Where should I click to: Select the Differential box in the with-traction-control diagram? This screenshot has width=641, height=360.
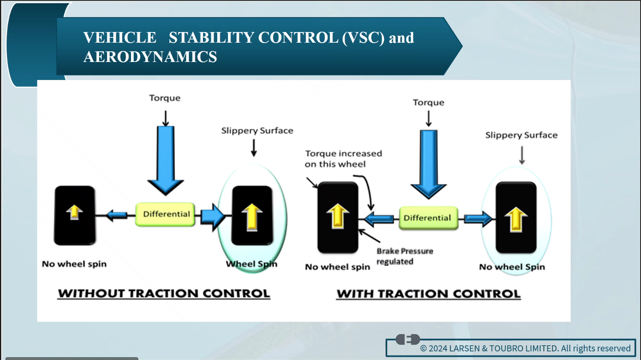[x=428, y=218]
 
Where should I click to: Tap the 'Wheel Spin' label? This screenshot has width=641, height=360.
[x=252, y=264]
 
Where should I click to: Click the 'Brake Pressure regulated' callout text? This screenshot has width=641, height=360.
[x=404, y=256]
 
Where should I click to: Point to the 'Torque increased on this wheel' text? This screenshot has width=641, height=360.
[x=343, y=159]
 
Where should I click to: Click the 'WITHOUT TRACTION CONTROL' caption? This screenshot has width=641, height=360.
[x=164, y=294]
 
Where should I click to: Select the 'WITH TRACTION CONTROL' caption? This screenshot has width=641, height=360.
[x=428, y=294]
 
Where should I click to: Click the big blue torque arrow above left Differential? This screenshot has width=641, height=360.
[x=165, y=161]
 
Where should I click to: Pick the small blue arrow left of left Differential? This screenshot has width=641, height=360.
[x=117, y=215]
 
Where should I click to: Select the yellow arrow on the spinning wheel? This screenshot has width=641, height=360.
[x=252, y=217]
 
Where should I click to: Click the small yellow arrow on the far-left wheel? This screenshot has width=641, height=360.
[x=74, y=212]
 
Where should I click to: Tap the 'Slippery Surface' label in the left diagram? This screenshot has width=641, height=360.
[x=257, y=131]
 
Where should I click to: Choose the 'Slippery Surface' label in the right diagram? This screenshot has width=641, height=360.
[x=522, y=135]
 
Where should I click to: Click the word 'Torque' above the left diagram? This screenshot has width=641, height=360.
[x=165, y=98]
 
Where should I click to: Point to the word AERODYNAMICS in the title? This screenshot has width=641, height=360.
[x=150, y=57]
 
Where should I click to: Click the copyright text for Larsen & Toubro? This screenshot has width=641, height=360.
[x=525, y=348]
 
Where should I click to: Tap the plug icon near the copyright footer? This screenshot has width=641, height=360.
[x=408, y=339]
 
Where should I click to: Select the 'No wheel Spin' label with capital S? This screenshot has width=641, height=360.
[x=512, y=267]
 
